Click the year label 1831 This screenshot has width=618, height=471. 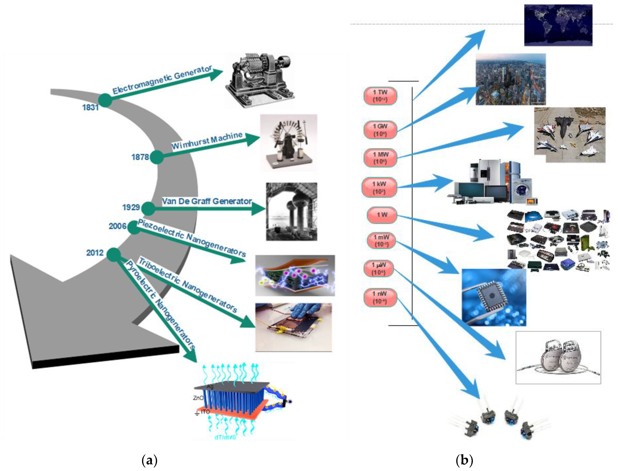coord(90,107)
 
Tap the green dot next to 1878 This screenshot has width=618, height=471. coord(157,157)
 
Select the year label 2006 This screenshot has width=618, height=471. coord(117,226)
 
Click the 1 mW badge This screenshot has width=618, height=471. coord(381,241)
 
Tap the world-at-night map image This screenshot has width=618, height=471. coord(558,25)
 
